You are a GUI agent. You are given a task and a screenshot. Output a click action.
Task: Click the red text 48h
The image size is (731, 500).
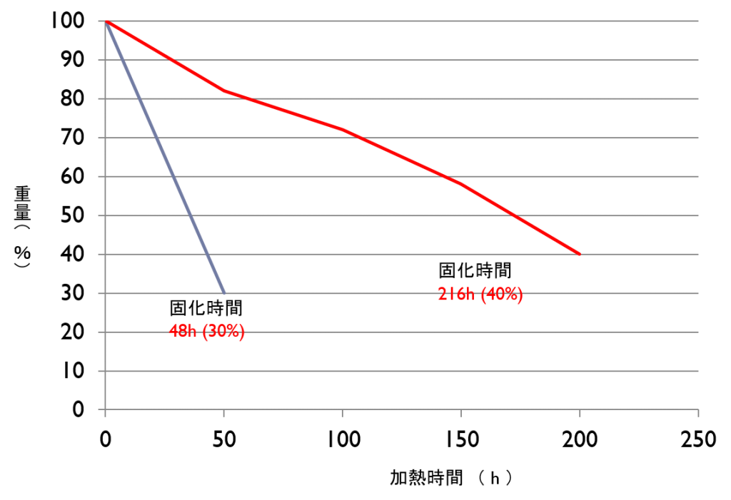point(183,332)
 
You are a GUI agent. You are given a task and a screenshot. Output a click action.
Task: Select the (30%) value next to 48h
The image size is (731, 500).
point(223,332)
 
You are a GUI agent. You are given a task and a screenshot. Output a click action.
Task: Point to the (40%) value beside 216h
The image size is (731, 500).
point(501,295)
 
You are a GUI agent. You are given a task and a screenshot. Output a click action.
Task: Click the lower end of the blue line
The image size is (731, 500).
point(224,292)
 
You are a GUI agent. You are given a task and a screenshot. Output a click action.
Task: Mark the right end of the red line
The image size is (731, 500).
point(580,254)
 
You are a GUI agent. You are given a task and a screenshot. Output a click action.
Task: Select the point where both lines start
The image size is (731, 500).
point(106,21)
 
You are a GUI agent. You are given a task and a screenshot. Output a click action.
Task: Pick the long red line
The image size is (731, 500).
point(400,156)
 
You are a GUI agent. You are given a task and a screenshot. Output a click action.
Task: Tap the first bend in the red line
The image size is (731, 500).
point(224,91)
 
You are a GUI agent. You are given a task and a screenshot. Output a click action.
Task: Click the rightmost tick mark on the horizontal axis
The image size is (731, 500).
point(698,412)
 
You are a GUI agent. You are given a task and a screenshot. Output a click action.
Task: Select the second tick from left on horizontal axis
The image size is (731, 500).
point(224,412)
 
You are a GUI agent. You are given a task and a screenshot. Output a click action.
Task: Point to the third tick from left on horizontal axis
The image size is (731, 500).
point(343,412)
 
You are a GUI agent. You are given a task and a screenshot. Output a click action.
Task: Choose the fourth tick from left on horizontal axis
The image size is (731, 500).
point(461,412)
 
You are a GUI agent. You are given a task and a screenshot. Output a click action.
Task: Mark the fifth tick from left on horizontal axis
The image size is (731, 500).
point(580,412)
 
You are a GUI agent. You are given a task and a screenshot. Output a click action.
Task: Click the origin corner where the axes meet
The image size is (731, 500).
point(106,409)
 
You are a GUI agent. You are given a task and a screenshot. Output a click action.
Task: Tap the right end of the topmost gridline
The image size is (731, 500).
point(697,21)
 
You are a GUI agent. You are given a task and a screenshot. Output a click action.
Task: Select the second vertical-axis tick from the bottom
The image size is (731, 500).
point(101,371)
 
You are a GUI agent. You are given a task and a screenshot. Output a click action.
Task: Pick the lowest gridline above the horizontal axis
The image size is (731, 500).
point(400,371)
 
